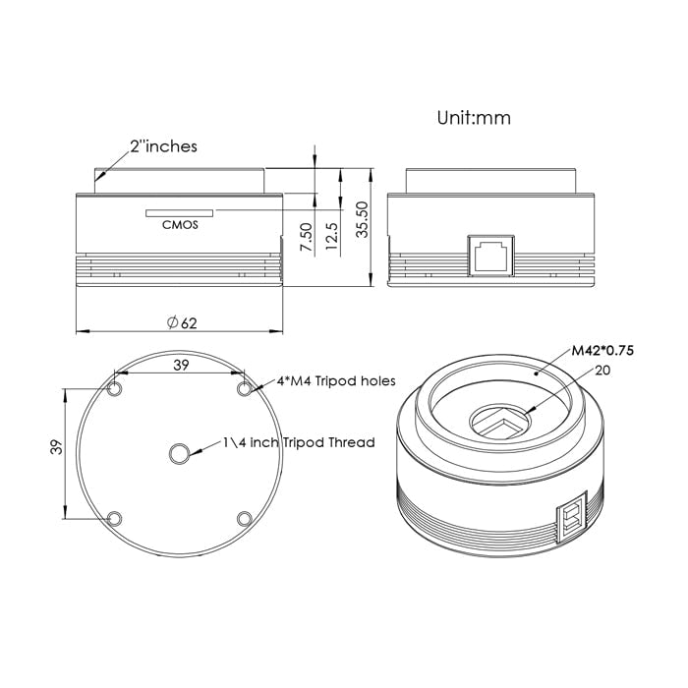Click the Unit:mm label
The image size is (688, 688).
[474, 118]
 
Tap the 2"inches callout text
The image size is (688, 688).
[164, 146]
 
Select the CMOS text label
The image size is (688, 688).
[180, 225]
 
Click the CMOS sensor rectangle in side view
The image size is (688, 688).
[180, 213]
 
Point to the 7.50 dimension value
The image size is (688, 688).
[307, 237]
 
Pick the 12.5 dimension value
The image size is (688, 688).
[332, 236]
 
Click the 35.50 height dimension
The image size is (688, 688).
[362, 220]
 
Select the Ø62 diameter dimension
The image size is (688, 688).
[182, 323]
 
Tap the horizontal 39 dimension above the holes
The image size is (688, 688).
[181, 365]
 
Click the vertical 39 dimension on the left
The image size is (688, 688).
[57, 447]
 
